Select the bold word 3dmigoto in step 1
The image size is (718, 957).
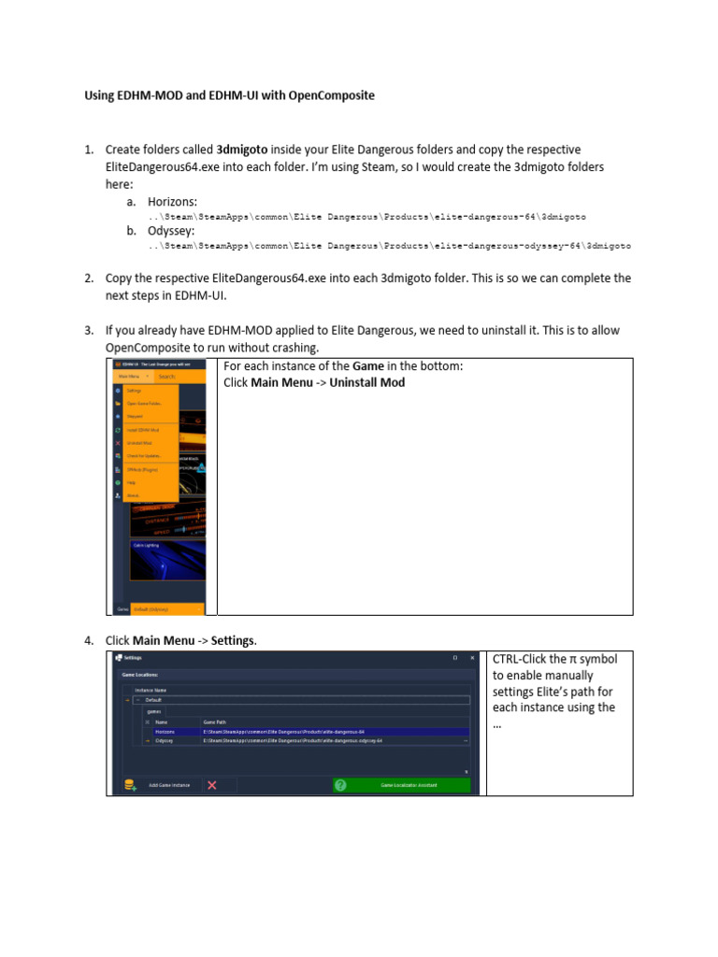[x=245, y=150]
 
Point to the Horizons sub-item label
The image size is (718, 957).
[x=172, y=202]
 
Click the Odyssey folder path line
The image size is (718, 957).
[x=389, y=246]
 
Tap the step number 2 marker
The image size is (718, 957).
[x=89, y=279]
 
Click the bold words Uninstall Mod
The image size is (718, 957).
[x=367, y=382]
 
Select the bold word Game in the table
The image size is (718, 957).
[x=367, y=366]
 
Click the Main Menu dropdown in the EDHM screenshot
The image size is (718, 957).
[x=130, y=377]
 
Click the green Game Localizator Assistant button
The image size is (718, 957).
[x=402, y=785]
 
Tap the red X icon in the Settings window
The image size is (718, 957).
[x=212, y=785]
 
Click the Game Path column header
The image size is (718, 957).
[x=215, y=721]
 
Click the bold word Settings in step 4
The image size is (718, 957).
[x=232, y=640]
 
